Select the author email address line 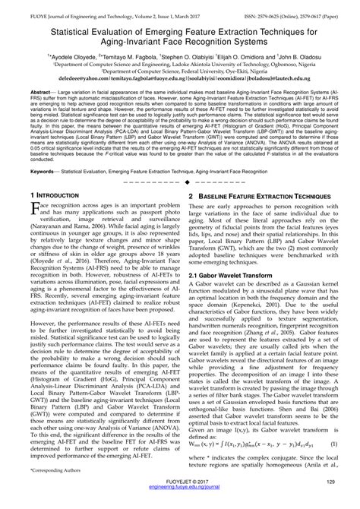180,77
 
